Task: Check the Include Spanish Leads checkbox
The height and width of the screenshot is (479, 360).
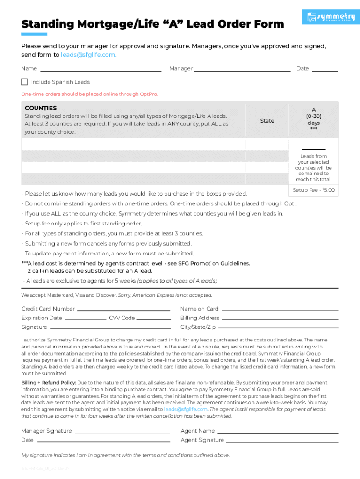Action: [24, 82]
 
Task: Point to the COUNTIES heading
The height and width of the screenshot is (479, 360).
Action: [41, 108]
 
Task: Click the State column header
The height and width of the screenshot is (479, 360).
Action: [267, 121]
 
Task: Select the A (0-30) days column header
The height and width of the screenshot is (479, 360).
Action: [314, 119]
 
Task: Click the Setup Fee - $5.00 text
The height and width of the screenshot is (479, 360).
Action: [314, 190]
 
